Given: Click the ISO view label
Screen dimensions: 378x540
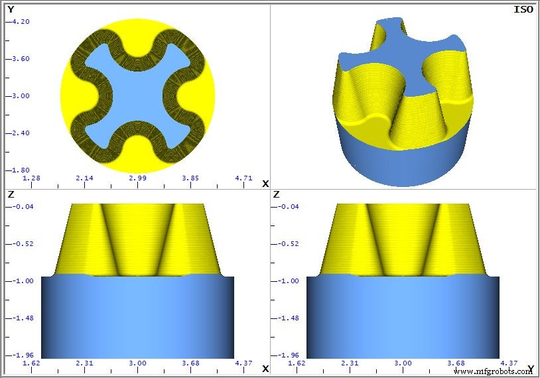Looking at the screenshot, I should click(523, 9).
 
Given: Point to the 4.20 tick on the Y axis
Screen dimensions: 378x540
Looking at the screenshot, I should click(21, 21).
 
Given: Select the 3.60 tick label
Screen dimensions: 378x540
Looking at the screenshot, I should click(21, 58).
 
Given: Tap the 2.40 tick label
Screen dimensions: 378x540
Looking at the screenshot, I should click(21, 133).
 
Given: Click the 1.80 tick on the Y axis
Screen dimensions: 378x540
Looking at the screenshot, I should click(21, 170).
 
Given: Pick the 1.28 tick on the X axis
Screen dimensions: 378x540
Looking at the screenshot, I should click(31, 178).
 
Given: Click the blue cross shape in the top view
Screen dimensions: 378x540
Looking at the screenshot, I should click(137, 96).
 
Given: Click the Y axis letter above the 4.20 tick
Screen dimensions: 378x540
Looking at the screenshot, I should click(11, 9).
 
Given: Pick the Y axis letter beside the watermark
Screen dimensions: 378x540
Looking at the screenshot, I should click(530, 368).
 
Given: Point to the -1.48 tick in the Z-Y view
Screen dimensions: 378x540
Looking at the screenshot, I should click(287, 318).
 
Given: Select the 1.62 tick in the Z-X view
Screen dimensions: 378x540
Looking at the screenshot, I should click(31, 363).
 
